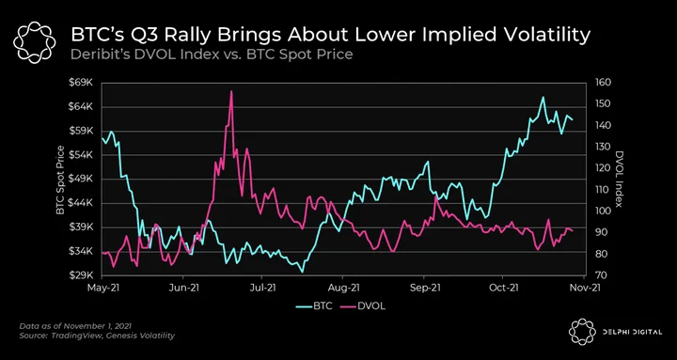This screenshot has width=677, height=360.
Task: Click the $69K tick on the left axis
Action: point(83,83)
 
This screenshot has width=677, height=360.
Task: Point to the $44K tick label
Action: point(83,203)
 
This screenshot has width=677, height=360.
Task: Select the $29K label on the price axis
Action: point(83,275)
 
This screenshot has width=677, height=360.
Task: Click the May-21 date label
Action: point(102,287)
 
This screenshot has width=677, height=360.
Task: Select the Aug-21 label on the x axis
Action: point(343,287)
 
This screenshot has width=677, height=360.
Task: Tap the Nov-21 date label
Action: point(585,287)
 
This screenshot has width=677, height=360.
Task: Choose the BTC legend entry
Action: point(314,306)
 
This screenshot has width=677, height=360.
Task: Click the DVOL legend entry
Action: point(366,306)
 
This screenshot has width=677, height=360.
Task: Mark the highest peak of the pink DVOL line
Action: point(231,91)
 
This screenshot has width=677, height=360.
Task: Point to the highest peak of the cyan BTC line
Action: point(543,97)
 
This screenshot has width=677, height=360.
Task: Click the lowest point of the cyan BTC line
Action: point(302,272)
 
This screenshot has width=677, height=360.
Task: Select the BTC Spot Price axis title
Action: point(60,180)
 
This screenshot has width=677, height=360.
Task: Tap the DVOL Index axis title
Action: point(620,180)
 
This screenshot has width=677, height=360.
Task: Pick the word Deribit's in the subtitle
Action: point(95,55)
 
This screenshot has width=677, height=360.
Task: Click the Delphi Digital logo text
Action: point(631,332)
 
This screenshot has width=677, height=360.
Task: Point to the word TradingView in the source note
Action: point(69,336)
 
